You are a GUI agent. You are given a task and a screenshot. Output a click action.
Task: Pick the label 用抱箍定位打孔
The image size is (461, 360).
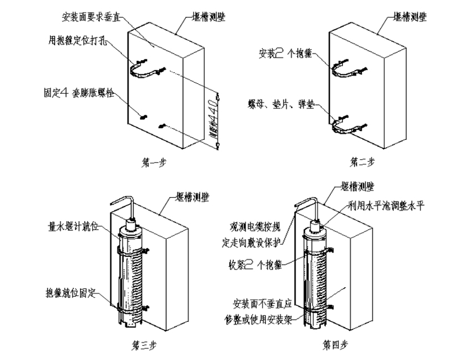(76, 39)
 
